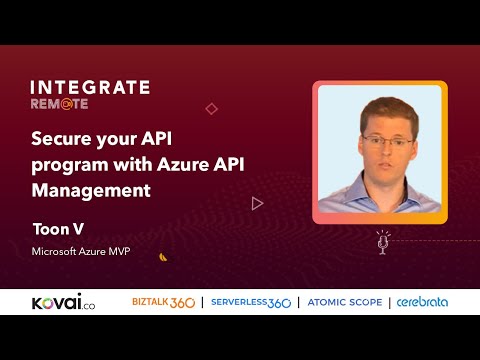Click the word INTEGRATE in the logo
[x=90, y=87]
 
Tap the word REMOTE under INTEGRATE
[x=58, y=103]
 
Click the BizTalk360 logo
[x=163, y=301]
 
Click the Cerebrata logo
[x=422, y=301]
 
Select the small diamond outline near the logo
[x=211, y=108]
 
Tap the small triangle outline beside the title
[x=257, y=203]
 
